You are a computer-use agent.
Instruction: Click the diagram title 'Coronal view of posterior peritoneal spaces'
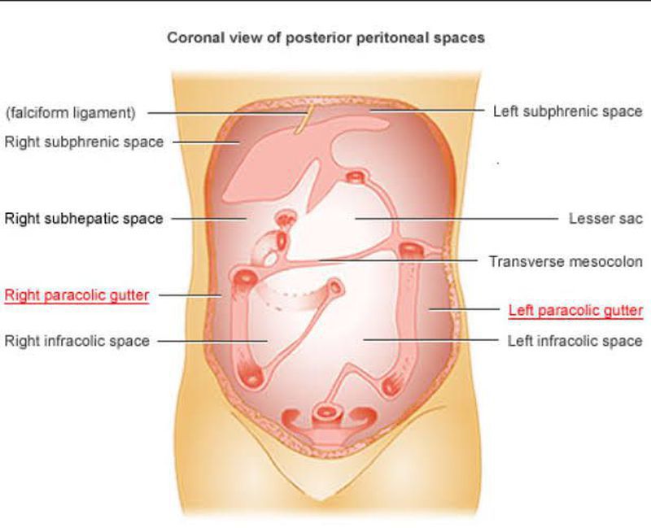point(326,37)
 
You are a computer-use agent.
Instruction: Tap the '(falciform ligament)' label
point(70,112)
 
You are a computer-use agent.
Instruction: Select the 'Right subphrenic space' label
point(85,142)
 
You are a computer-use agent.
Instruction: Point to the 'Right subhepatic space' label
point(84,218)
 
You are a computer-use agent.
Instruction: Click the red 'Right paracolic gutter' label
point(76,295)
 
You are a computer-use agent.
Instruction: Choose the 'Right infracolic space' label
point(76,341)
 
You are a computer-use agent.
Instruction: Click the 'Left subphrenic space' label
point(567,111)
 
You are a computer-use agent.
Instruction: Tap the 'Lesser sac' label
point(605,218)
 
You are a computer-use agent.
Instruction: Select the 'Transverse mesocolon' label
point(566,261)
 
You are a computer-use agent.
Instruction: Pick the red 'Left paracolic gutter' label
point(575,310)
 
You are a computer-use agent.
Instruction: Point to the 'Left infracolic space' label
point(575,341)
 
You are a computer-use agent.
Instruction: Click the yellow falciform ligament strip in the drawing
point(303,120)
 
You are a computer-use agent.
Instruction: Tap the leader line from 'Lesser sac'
point(457,218)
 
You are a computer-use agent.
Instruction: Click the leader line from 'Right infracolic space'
point(212,341)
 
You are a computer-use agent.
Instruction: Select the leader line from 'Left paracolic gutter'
point(464,309)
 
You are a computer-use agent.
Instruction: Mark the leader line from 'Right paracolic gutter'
point(190,295)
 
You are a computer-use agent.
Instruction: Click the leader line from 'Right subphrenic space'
point(206,142)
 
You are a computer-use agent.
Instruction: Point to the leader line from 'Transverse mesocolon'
point(398,260)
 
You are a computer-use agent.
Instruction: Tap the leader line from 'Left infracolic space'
point(431,340)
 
